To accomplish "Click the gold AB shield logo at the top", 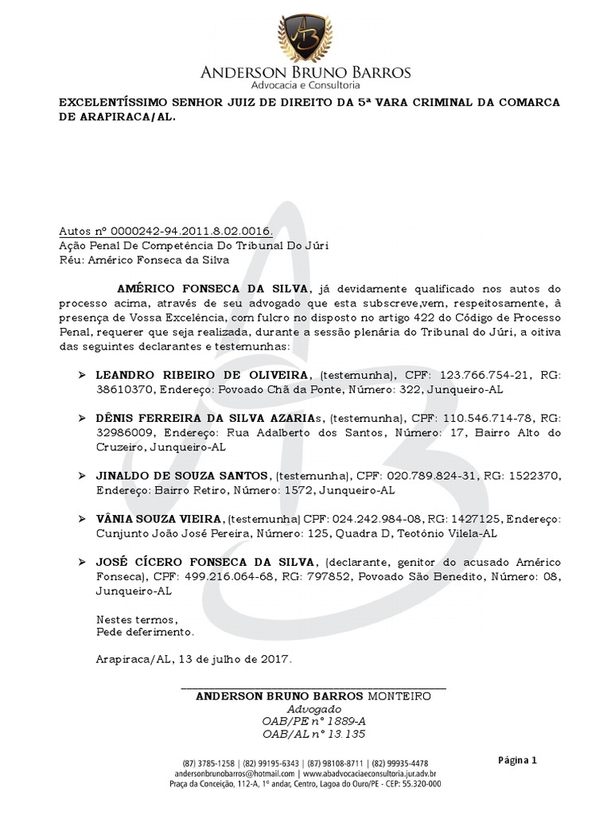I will pos(305,37).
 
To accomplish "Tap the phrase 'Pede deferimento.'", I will pos(145,632).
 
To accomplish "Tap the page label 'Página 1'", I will pos(518,760).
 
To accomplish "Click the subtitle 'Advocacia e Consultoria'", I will pos(305,85).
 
